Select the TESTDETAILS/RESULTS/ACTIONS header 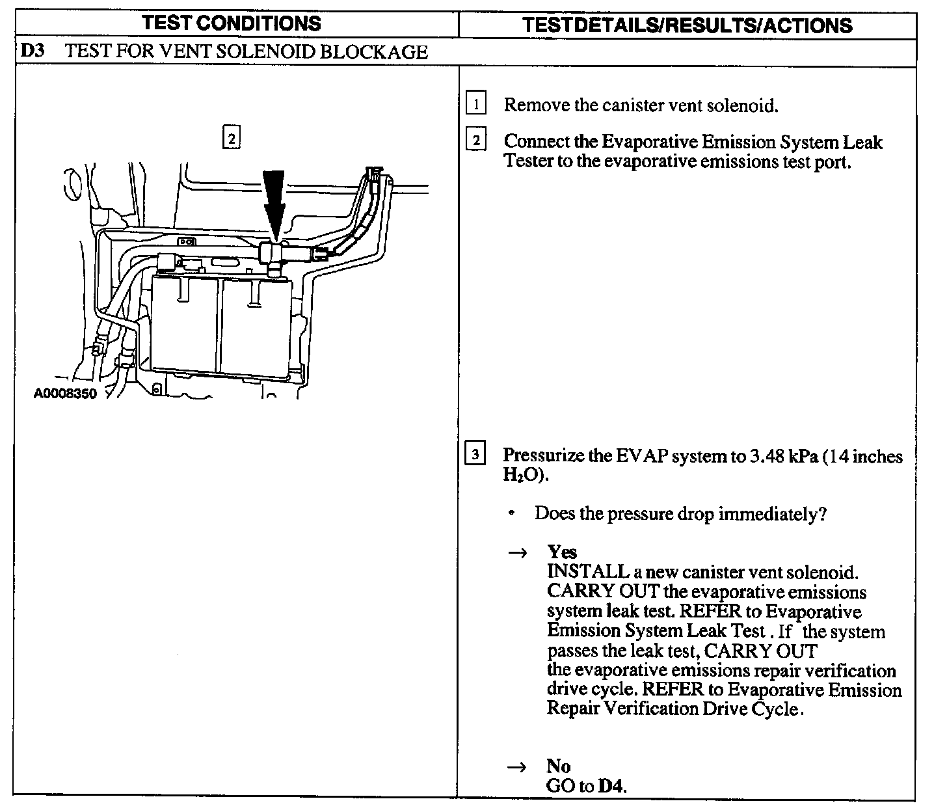point(687,25)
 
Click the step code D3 point(32,51)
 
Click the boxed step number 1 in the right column point(476,104)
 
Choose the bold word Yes point(562,552)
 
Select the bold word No point(559,766)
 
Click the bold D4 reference point(612,787)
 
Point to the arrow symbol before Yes point(516,553)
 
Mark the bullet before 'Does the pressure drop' point(513,514)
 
